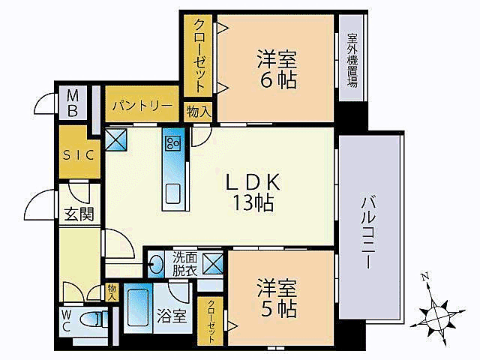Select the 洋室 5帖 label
277,298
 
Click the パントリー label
142,106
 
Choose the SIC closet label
78,155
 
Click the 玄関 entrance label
78,214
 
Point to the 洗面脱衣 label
184,262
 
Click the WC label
67,320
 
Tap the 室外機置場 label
351,61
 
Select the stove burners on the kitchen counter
173,142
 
